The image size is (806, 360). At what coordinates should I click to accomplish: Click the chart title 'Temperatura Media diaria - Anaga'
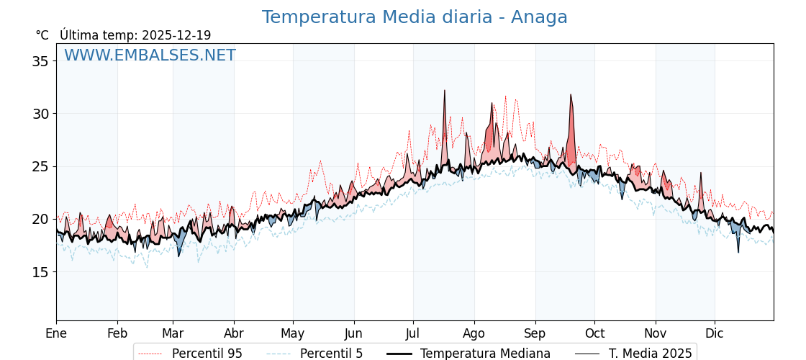coord(415,17)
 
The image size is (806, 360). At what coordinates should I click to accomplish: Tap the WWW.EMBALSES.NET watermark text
coord(150,55)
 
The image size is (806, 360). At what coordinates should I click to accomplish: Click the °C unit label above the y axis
coord(42,35)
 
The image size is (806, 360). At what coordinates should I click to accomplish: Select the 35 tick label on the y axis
coord(40,61)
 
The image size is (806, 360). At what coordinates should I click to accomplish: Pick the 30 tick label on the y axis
coord(40,114)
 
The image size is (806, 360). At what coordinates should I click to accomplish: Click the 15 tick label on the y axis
coord(40,272)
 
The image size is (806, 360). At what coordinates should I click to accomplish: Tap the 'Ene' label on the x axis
coord(56,333)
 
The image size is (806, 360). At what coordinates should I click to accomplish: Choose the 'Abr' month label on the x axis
coord(234,333)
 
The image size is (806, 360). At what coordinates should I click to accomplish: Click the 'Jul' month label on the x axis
coord(413,333)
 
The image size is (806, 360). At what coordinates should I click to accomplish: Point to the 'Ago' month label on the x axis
coord(474,333)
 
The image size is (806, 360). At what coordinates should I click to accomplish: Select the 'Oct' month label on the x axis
coord(594,333)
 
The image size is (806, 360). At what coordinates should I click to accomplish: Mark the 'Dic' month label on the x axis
coord(715,333)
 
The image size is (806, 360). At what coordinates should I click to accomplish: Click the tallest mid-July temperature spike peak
coord(445,91)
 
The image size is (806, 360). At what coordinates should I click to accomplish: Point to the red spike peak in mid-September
coord(571,94)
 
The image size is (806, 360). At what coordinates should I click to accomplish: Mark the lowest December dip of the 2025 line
coord(738,251)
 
